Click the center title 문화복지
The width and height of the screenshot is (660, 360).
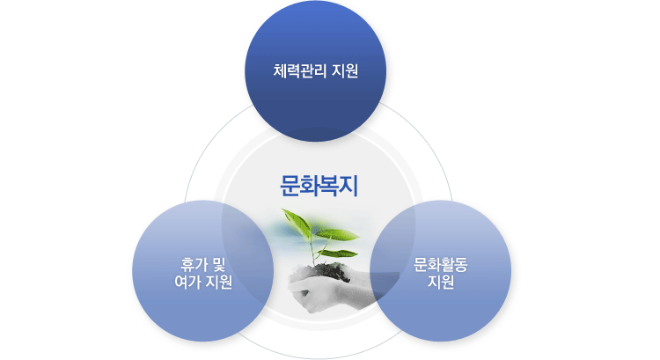tap(319, 186)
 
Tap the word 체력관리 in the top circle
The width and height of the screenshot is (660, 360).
tap(300, 70)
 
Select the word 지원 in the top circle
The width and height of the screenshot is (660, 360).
tap(345, 70)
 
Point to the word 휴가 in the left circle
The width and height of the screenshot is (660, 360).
tap(194, 264)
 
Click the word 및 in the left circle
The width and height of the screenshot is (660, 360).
tap(219, 264)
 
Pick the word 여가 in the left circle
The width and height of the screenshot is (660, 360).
tap(187, 282)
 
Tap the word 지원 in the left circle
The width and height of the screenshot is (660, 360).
tap(219, 282)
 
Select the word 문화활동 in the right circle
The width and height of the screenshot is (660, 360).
tap(440, 265)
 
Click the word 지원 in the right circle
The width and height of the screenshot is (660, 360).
tap(441, 283)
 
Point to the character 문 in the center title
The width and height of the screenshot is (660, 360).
tap(290, 186)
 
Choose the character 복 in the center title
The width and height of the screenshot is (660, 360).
tap(329, 186)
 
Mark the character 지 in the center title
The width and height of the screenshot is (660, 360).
tap(348, 186)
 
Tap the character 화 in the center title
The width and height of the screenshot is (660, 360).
tap(310, 186)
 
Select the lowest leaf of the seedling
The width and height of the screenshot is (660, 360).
tap(338, 253)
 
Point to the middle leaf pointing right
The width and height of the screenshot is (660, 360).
tap(338, 234)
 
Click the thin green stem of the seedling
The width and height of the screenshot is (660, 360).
tap(312, 249)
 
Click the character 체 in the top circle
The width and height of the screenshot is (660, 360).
tap(280, 70)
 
